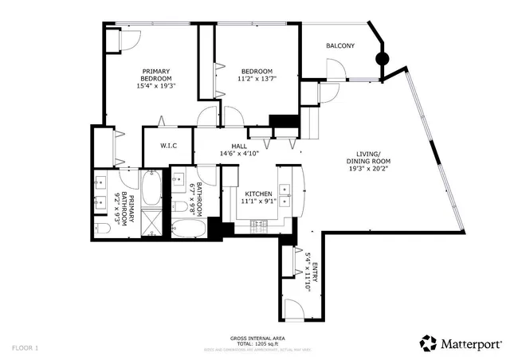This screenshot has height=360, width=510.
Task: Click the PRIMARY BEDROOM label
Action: click(156, 74)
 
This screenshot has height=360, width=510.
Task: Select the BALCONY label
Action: click(340, 46)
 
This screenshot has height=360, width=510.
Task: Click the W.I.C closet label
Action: click(168, 146)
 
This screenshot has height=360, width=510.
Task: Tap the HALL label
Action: click(239, 146)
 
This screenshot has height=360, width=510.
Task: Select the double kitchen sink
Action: click(288, 190)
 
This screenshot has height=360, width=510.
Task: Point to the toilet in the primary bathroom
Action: click(101, 229)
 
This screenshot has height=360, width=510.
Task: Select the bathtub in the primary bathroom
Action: click(151, 190)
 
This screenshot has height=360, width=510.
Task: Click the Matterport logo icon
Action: click(429, 343)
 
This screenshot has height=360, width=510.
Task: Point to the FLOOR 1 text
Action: click(25, 348)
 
